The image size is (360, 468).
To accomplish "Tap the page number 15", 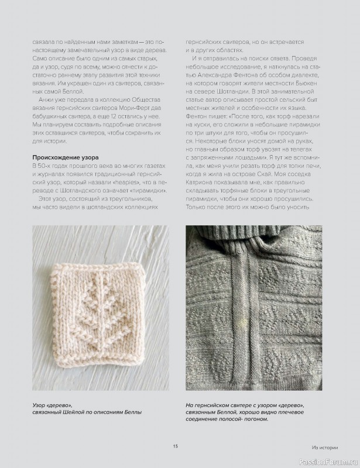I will [x=175, y=446].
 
